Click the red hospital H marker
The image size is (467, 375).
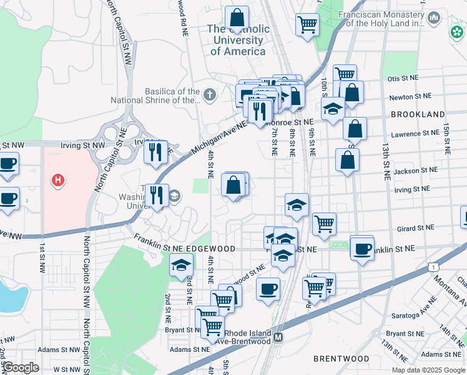[x=58, y=181]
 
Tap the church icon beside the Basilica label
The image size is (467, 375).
[x=209, y=95]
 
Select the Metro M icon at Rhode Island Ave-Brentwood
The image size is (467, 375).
[x=279, y=337]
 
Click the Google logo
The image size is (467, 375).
[x=20, y=368]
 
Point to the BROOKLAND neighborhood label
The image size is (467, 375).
[x=418, y=114]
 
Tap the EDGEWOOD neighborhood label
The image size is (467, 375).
[x=210, y=249]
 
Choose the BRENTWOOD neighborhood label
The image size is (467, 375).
[x=341, y=359]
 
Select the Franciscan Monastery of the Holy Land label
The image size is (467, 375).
[x=381, y=19]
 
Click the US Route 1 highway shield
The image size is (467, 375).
[x=432, y=267]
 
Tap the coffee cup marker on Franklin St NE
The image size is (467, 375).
[x=362, y=249]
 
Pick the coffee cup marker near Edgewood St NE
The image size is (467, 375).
[x=268, y=289]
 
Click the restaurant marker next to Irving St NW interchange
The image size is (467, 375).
[x=155, y=151]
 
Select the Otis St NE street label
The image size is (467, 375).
[x=402, y=79]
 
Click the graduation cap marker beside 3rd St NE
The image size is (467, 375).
[x=181, y=265]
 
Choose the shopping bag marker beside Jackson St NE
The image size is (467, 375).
[x=347, y=160]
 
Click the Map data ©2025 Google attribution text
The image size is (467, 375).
[x=428, y=369]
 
